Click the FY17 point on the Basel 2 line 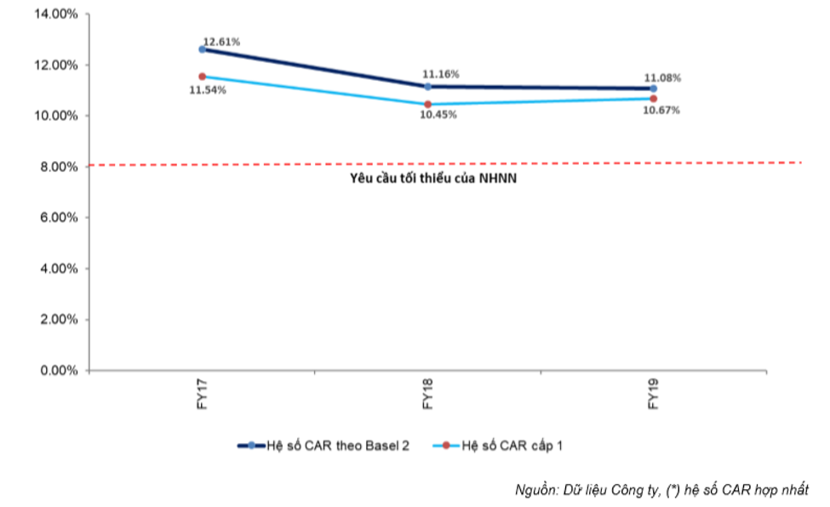203,49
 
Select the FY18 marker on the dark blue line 427,86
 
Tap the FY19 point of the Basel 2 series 653,89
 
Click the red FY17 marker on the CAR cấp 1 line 203,77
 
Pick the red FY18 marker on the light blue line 427,104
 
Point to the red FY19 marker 653,99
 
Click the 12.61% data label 222,42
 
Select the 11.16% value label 440,74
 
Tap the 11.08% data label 662,78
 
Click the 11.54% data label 208,90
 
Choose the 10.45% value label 438,114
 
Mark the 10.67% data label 661,110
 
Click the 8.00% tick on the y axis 59,167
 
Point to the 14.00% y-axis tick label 56,14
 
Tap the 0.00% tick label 59,371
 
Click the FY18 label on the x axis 427,394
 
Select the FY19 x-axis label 653,394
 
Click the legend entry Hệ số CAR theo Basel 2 323,447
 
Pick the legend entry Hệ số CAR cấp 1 498,447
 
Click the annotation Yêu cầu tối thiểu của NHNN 433,179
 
